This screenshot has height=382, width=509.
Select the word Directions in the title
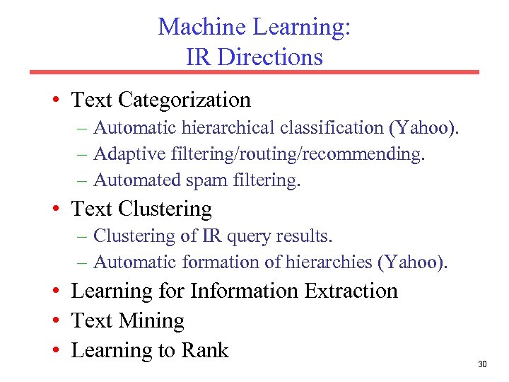[270, 57]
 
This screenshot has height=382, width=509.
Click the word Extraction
[351, 291]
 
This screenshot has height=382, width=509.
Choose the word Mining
[152, 321]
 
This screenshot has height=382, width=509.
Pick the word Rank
[205, 350]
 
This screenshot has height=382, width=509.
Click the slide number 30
[482, 364]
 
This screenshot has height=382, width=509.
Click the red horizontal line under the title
[254, 72]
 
